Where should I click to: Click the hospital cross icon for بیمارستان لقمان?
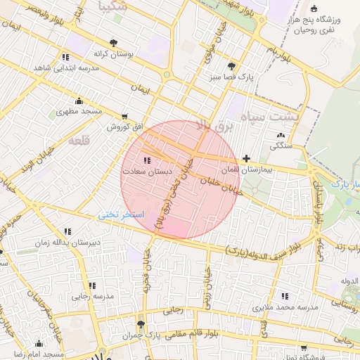click(x=245, y=160)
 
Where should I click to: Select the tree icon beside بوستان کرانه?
click(x=114, y=43)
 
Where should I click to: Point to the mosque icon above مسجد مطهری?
click(x=79, y=101)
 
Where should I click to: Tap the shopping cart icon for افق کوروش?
click(x=124, y=117)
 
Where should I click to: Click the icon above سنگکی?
click(x=281, y=135)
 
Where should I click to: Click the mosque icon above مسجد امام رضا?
click(x=39, y=344)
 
